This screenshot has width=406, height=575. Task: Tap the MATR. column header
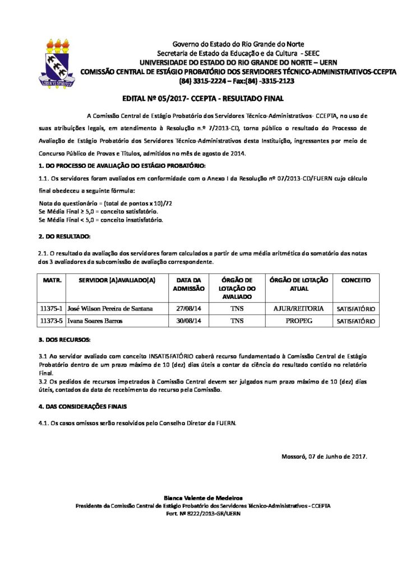pyautogui.click(x=52, y=279)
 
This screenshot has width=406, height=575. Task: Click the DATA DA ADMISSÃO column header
pyautogui.click(x=188, y=284)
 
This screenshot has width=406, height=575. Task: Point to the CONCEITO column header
pyautogui.click(x=356, y=279)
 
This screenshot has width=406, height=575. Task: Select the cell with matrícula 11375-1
pyautogui.click(x=52, y=308)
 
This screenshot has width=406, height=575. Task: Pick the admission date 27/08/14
pyautogui.click(x=188, y=308)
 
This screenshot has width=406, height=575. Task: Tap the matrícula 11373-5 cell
pyautogui.click(x=52, y=321)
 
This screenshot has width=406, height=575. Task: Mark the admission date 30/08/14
pyautogui.click(x=188, y=321)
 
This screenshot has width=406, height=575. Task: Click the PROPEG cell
pyautogui.click(x=299, y=321)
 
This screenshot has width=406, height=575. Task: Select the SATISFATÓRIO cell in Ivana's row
pyautogui.click(x=356, y=321)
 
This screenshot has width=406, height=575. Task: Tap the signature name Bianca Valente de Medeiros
pyautogui.click(x=203, y=498)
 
